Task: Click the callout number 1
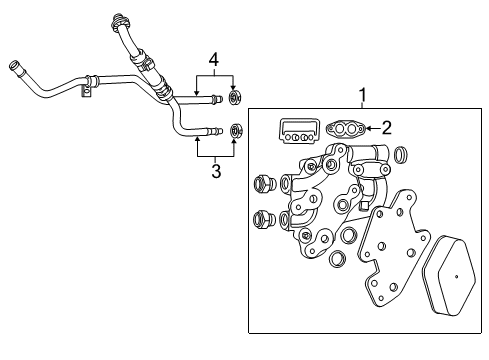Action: pos(364,96)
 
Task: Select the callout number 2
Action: pos(386,127)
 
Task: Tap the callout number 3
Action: pos(214,171)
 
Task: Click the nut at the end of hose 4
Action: pos(237,98)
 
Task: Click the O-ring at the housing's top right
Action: pos(401,156)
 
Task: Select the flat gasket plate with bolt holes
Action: pos(386,260)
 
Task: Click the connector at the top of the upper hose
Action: pos(125,19)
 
